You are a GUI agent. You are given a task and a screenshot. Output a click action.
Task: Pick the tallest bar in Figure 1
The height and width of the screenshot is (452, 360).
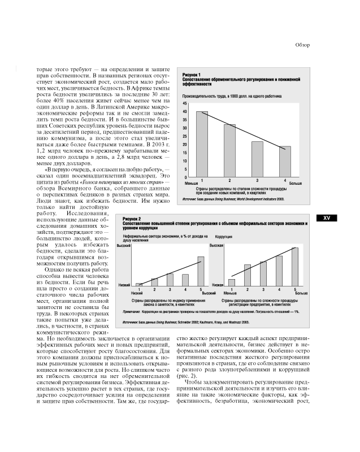[x=202, y=144]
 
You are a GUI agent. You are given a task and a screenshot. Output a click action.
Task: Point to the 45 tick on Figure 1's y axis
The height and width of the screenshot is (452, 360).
[x=185, y=103]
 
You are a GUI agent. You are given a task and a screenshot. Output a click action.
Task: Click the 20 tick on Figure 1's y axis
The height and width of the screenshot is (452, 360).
[x=185, y=145]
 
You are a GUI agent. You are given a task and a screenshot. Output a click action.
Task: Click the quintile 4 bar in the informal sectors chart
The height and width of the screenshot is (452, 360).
[x=185, y=280]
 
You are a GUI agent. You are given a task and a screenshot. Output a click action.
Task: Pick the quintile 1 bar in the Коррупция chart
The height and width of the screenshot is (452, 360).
[x=231, y=282]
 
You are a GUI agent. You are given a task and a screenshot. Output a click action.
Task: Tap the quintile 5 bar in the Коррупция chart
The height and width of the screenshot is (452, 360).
[x=294, y=266]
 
